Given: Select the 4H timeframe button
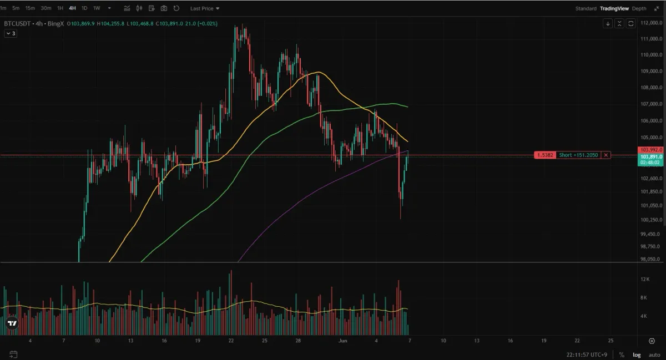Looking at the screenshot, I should [x=72, y=8].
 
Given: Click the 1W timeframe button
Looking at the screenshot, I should [x=97, y=8].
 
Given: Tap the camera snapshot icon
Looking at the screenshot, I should [x=164, y=8].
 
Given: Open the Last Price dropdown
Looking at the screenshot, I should [x=204, y=8].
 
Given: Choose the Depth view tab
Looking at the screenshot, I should [x=639, y=8].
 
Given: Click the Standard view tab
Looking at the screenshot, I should [x=586, y=8].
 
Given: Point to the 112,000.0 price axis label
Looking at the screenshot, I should [x=650, y=23].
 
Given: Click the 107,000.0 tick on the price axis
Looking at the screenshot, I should [x=650, y=104].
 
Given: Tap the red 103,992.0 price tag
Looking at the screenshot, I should [x=650, y=150].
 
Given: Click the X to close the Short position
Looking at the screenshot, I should [x=606, y=155].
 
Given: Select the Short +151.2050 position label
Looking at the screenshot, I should [x=578, y=155].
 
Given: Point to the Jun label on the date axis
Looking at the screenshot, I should [x=342, y=341].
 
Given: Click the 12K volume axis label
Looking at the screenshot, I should [x=645, y=279].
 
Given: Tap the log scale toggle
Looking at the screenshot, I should [x=637, y=354].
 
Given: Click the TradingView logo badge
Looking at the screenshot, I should [x=12, y=323].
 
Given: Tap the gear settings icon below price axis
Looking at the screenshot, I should [x=652, y=341].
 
